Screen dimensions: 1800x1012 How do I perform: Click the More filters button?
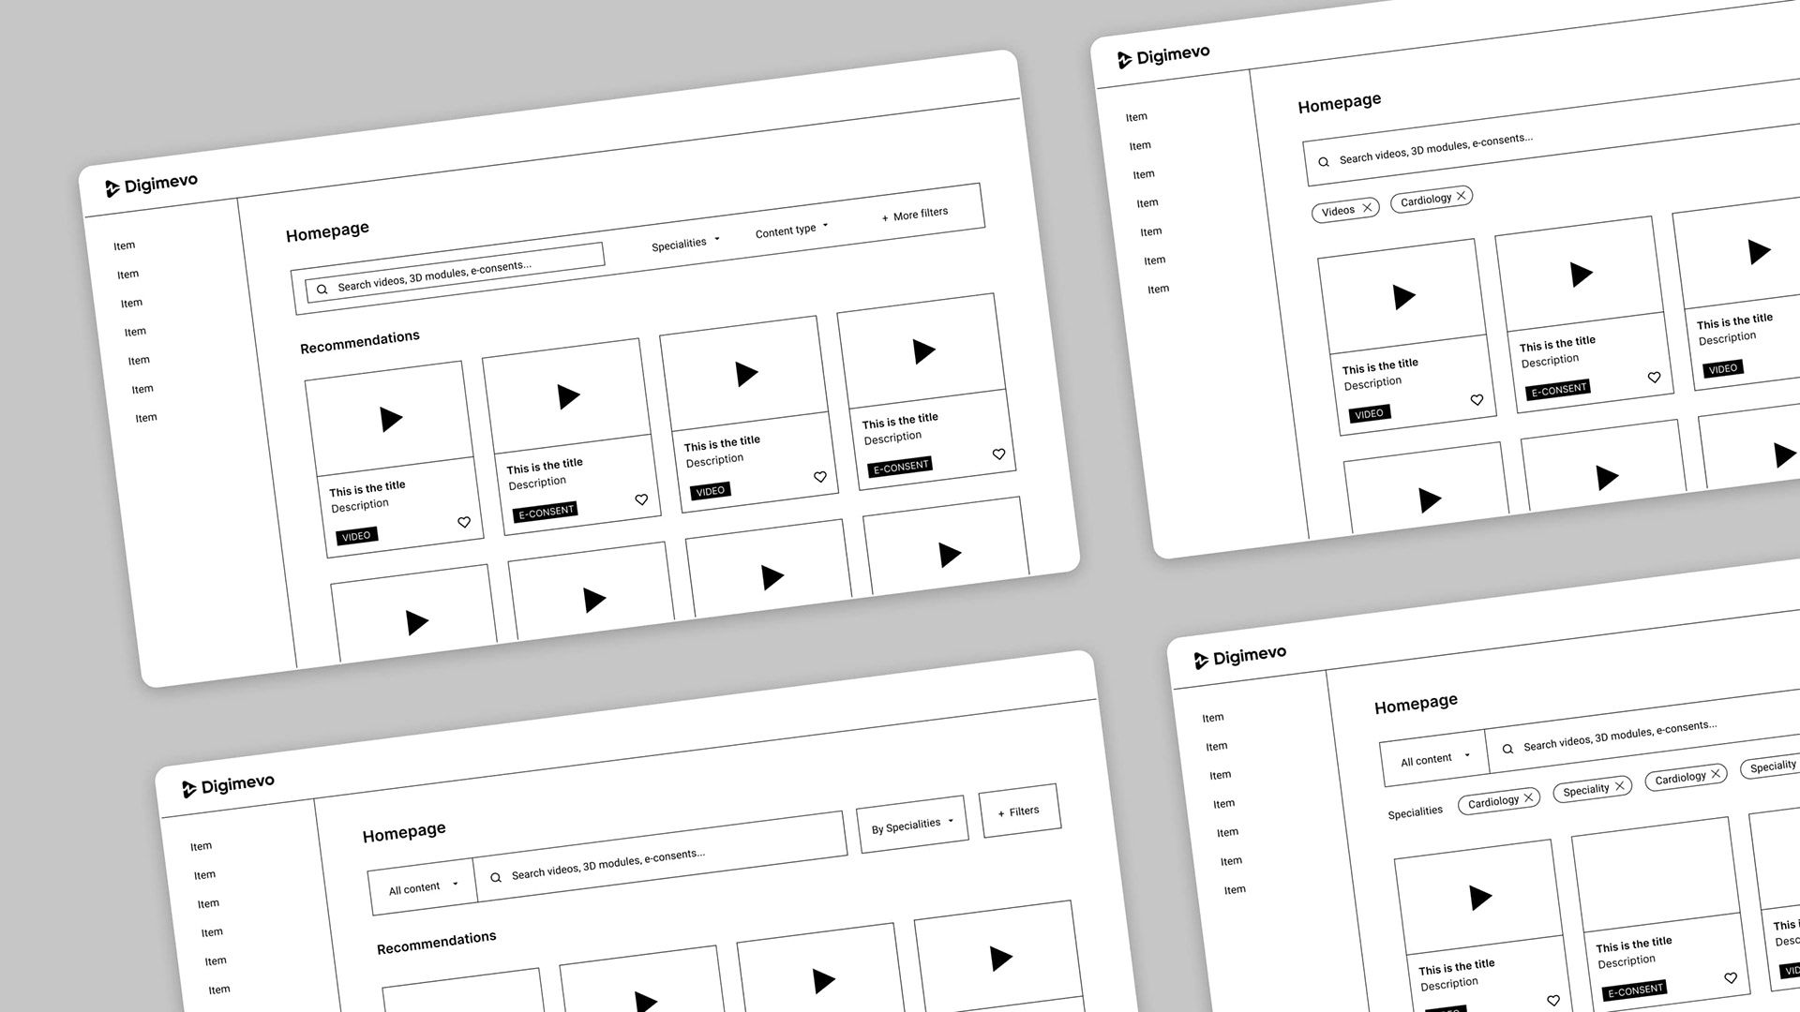[x=915, y=215]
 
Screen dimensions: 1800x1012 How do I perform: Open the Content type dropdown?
[x=792, y=230]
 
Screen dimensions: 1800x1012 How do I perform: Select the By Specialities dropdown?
[x=912, y=825]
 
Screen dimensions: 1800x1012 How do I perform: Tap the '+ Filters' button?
[x=1019, y=811]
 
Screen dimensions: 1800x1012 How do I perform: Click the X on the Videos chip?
[x=1368, y=207]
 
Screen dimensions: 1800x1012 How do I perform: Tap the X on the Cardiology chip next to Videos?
[x=1461, y=196]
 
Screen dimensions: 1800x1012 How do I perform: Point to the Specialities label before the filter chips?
[x=1416, y=811]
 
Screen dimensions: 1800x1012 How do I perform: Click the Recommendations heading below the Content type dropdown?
[x=360, y=342]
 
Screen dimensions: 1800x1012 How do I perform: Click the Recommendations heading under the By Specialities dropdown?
[x=437, y=943]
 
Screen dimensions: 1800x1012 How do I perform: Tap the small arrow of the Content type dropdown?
[x=825, y=226]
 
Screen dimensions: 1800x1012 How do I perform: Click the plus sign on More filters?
[x=885, y=218]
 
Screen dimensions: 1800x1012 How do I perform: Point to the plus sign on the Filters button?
[x=1001, y=813]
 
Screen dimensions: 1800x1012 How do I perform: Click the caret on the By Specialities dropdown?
[x=951, y=821]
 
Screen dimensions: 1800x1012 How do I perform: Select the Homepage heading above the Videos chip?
[x=1340, y=103]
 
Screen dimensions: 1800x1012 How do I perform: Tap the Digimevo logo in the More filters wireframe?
[x=152, y=185]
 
